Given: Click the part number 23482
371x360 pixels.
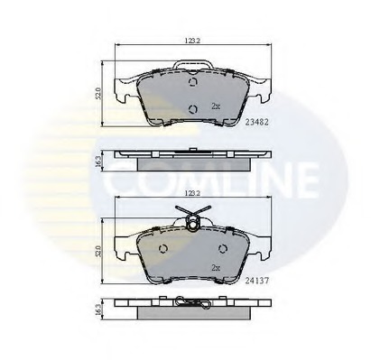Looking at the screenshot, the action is [256, 122].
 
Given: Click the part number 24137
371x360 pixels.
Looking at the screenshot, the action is [256, 281].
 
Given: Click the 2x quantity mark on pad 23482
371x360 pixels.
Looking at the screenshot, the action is [216, 106].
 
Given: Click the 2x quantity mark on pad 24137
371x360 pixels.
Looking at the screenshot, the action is [216, 268].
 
